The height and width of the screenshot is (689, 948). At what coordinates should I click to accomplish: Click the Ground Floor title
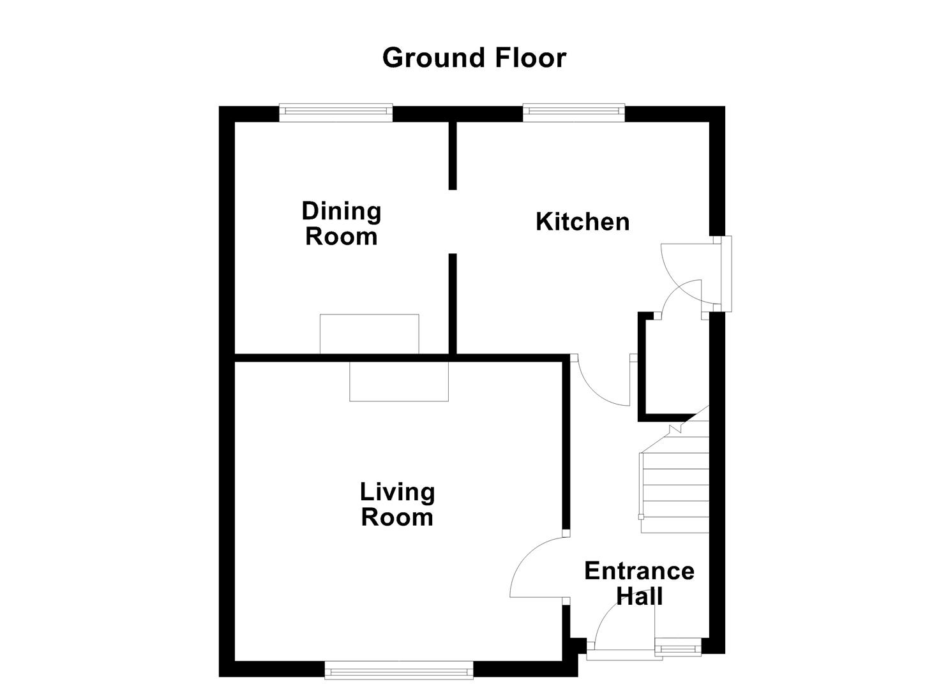pos(474,58)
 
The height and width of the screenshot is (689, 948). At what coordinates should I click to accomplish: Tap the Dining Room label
pos(342,223)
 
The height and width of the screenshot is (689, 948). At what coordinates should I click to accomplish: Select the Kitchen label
pos(582,222)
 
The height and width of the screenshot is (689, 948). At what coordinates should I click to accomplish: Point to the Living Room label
pos(397,504)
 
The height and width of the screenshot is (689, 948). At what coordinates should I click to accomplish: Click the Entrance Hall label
pos(639,583)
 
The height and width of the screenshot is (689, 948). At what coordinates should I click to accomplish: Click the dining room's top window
pos(336,113)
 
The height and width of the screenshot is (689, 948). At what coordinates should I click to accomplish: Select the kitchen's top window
pos(573,112)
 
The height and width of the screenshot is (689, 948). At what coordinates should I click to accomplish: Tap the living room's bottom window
pos(399,670)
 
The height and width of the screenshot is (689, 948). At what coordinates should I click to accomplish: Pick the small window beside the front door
pos(677,649)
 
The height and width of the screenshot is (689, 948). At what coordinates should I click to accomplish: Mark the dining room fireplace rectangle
pos(369,334)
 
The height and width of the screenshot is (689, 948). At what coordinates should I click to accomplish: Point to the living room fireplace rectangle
pos(398,382)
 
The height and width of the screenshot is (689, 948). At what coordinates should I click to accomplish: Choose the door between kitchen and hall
pos(600,383)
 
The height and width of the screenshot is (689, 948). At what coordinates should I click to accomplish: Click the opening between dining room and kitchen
pos(452,221)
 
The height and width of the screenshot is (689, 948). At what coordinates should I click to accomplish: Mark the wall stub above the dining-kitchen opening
pos(452,155)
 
